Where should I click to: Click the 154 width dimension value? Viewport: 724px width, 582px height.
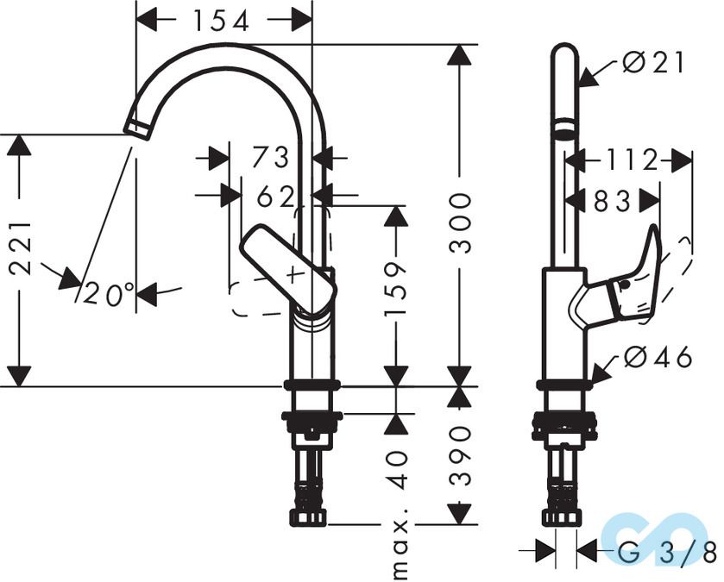click(223, 19)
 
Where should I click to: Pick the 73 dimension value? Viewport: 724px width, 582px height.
click(270, 158)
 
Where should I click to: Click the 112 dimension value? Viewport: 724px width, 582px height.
click(625, 160)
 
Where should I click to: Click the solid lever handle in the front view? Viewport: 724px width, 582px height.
click(287, 268)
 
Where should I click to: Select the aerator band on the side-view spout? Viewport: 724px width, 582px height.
click(564, 130)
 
